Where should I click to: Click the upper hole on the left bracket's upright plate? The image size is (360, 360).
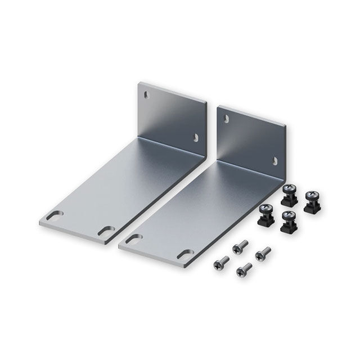point(147,94)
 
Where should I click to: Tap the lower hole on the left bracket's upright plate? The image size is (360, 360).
point(196,136)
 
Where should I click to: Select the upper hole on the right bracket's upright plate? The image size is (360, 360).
point(226,119)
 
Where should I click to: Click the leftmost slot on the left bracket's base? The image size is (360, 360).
point(55,215)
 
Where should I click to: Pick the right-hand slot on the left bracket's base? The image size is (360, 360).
point(106,230)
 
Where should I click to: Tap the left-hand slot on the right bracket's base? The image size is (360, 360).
point(134,239)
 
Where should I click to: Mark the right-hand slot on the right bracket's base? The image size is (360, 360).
point(184,254)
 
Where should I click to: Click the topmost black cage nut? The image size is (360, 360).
point(290,191)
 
